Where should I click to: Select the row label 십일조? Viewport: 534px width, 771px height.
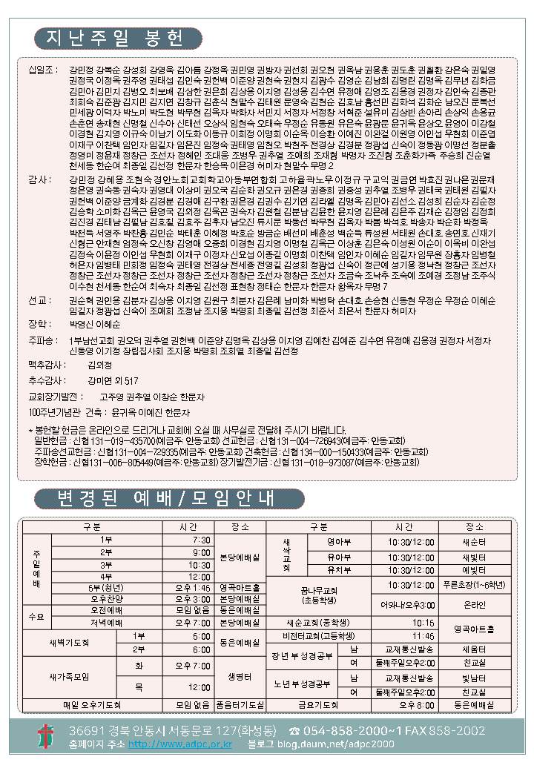pos(43,70)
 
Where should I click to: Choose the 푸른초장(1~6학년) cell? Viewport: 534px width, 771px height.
pos(474,584)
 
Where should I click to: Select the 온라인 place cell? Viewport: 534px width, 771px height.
pos(474,604)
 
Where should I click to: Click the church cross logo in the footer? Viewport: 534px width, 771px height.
pos(46,736)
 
